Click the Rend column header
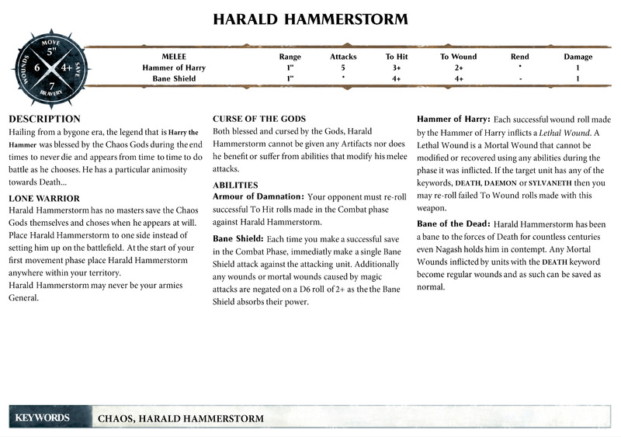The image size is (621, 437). pyautogui.click(x=520, y=57)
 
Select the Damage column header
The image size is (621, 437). pyautogui.click(x=578, y=57)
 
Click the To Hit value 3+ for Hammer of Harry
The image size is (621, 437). pyautogui.click(x=396, y=68)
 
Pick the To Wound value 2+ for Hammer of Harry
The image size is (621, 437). pyautogui.click(x=459, y=68)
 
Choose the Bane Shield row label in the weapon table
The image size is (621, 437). pyautogui.click(x=173, y=78)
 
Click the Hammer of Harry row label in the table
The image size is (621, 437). pyautogui.click(x=173, y=68)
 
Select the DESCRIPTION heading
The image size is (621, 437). pyautogui.click(x=44, y=119)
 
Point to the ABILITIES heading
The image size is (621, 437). pyautogui.click(x=237, y=185)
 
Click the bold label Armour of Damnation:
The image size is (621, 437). pyautogui.click(x=258, y=197)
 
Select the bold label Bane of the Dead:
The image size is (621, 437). pyautogui.click(x=453, y=224)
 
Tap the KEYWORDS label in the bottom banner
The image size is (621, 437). pyautogui.click(x=42, y=418)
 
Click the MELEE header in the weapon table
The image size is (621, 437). pyautogui.click(x=174, y=57)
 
